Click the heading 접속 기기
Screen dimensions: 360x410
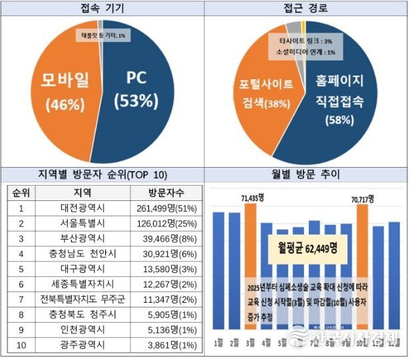(x=102, y=8)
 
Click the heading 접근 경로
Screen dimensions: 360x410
(x=307, y=8)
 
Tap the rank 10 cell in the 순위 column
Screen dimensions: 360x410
(x=21, y=345)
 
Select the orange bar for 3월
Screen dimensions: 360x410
(x=250, y=266)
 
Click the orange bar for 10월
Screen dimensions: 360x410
(x=362, y=266)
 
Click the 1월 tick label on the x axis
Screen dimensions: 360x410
(x=218, y=343)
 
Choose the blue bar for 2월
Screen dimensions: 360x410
(x=234, y=273)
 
